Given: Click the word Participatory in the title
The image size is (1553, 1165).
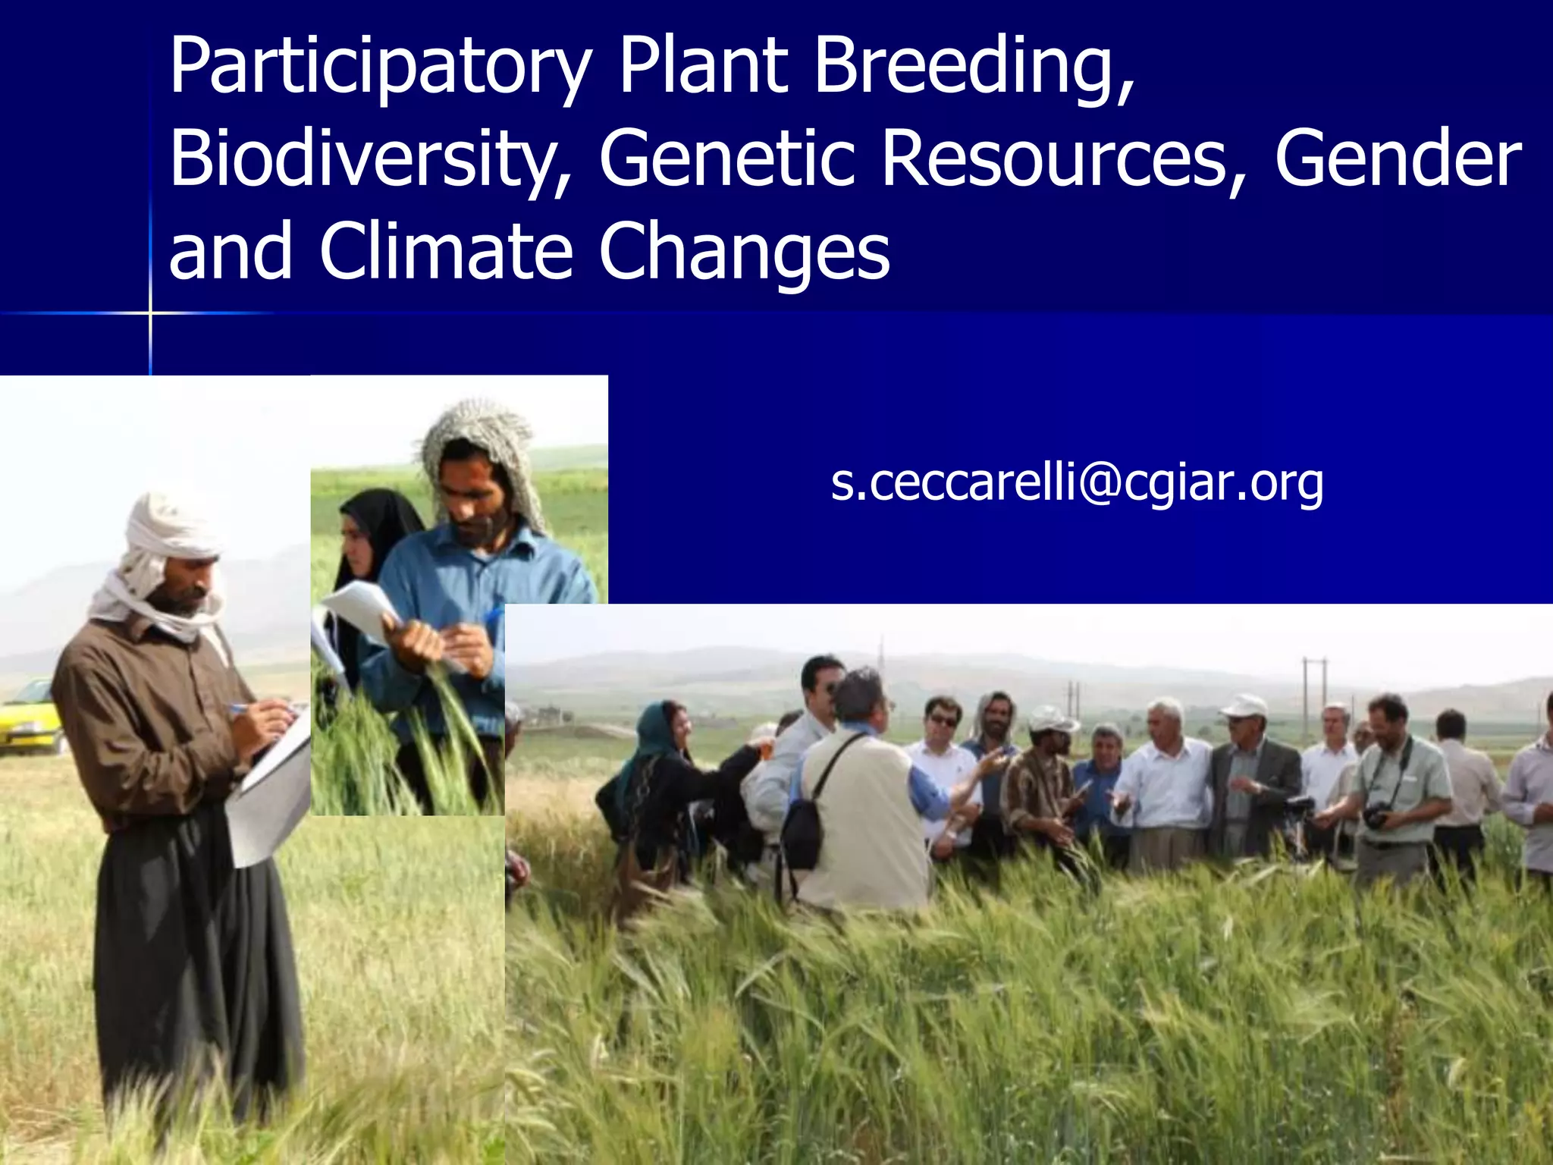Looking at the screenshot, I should tap(379, 68).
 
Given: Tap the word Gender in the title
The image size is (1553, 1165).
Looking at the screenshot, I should tap(1398, 159).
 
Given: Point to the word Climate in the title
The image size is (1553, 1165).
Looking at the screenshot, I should tap(445, 252).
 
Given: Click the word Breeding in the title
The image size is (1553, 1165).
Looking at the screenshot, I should tap(974, 68).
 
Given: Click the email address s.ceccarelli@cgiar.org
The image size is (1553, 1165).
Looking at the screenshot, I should tap(1077, 482).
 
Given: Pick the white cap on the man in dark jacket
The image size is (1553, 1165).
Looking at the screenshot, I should tap(1244, 705).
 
